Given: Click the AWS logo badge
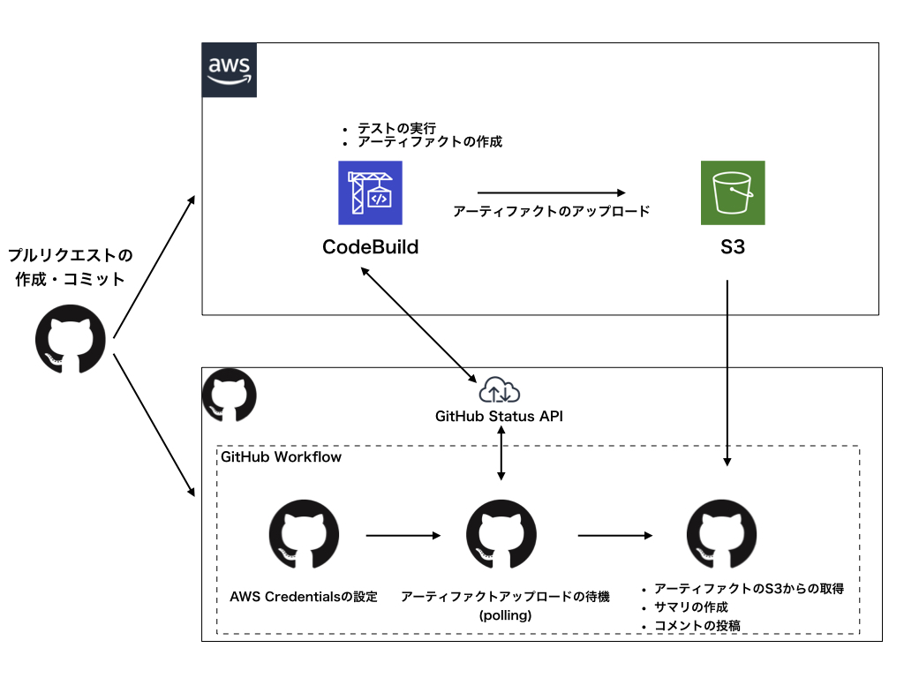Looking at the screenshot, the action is click(x=230, y=70).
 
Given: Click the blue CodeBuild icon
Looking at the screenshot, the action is click(x=370, y=192).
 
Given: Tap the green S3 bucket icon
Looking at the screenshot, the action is click(x=733, y=192).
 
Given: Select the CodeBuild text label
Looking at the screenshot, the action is click(x=370, y=247).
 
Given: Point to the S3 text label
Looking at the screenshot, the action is click(x=733, y=247).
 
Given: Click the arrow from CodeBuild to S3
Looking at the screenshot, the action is click(x=551, y=192).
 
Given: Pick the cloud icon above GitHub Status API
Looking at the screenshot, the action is click(x=500, y=390).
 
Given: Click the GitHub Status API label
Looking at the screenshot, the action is click(x=500, y=417).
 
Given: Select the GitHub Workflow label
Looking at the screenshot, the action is click(x=282, y=457).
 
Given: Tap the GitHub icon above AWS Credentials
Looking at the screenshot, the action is click(x=304, y=534).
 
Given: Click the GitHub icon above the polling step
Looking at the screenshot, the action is click(x=501, y=534).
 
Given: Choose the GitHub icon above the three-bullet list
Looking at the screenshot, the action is click(x=721, y=534).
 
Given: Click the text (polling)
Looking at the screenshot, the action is click(x=505, y=615).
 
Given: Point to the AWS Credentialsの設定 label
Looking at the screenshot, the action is click(x=304, y=597).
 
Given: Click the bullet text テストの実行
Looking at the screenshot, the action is click(x=396, y=128).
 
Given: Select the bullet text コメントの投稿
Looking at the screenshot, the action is click(x=697, y=626).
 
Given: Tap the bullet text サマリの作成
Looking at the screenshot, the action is click(x=690, y=607).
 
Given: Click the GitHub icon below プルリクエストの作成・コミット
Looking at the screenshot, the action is click(x=71, y=340).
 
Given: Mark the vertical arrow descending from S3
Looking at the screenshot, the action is click(x=727, y=373).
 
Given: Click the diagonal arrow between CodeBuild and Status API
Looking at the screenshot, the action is click(x=418, y=325).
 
